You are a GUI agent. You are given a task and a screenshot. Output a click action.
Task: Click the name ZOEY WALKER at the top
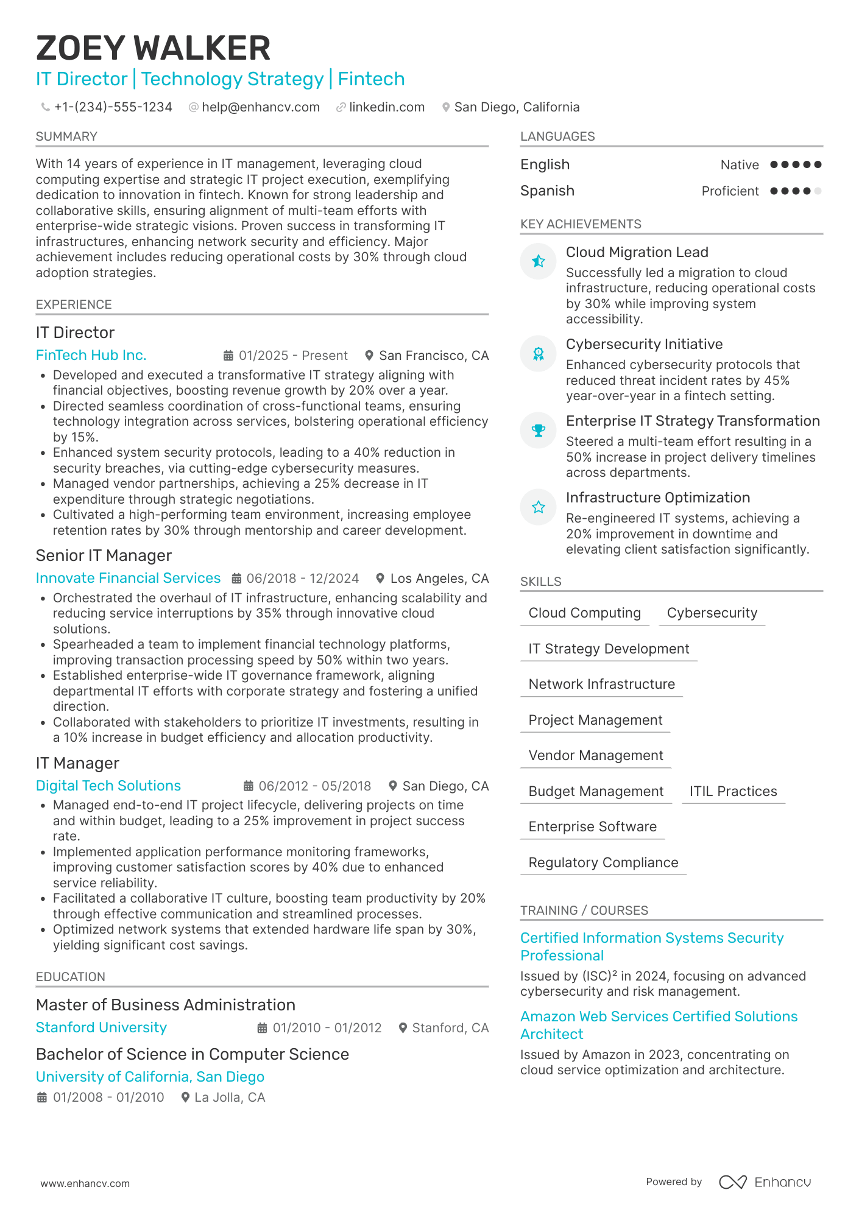pos(153,48)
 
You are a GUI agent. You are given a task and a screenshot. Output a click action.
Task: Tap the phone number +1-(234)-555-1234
pos(113,107)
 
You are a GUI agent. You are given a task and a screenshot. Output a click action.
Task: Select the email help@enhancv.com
pos(261,107)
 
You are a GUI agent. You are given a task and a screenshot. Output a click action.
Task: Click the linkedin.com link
pos(386,107)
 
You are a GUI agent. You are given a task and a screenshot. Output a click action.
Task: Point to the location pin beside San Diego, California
pos(446,107)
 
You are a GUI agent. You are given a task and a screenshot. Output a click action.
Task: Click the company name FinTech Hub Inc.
pos(91,355)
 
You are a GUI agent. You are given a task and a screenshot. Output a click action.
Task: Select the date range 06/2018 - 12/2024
pos(302,578)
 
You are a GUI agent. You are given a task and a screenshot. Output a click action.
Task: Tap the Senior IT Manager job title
pos(104,555)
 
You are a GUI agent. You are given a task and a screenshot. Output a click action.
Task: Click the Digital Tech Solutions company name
pos(108,786)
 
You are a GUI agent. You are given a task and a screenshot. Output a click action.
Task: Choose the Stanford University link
pos(101,1027)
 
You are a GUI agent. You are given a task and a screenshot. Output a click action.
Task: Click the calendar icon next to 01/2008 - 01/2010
pos(42,1097)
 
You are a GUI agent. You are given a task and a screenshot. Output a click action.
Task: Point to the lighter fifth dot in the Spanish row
pos(818,191)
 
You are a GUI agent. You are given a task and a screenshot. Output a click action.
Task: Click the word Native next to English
pos(739,165)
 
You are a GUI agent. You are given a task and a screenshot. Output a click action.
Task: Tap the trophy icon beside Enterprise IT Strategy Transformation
pos(539,431)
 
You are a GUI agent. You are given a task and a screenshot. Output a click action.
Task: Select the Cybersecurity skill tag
pos(712,613)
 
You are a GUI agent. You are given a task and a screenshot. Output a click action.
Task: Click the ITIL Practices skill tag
pos(733,791)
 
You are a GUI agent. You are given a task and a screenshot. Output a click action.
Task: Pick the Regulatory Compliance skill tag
pos(603,862)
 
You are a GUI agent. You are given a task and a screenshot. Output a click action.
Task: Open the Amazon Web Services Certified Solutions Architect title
pos(659,1025)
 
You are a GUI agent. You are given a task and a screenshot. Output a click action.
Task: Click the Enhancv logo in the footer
pos(765,1182)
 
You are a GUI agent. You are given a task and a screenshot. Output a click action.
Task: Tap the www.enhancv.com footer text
pos(85,1183)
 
